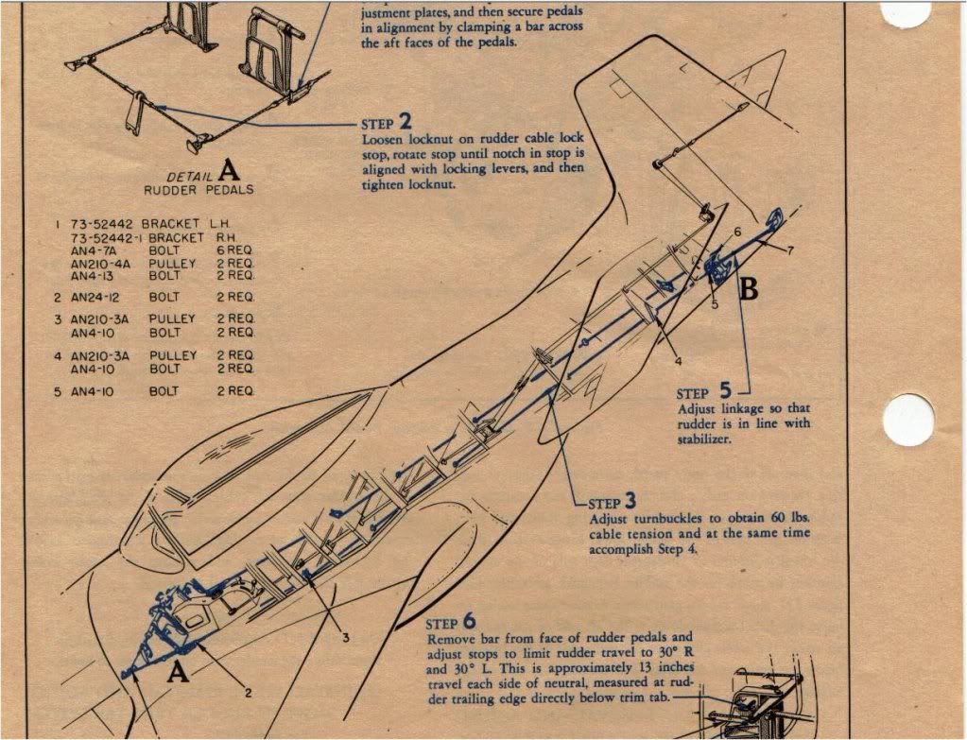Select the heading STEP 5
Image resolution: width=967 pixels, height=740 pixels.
pyautogui.click(x=704, y=391)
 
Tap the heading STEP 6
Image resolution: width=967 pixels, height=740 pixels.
pyautogui.click(x=451, y=623)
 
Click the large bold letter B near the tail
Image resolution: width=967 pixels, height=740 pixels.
pyautogui.click(x=749, y=289)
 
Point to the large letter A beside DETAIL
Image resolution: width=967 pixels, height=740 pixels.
pyautogui.click(x=228, y=171)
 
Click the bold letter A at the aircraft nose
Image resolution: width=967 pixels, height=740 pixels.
pyautogui.click(x=177, y=672)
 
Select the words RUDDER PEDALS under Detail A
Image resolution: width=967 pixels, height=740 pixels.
pyautogui.click(x=199, y=189)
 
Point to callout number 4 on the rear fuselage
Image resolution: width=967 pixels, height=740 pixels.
pyautogui.click(x=678, y=359)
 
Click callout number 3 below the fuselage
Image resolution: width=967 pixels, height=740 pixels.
pyautogui.click(x=345, y=638)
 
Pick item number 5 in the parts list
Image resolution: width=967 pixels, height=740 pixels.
pyautogui.click(x=59, y=391)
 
